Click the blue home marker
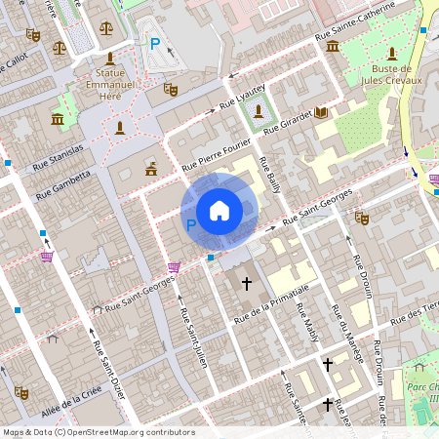[219, 210]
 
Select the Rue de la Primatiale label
[271, 304]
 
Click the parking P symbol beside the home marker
[191, 225]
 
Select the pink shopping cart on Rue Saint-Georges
[174, 267]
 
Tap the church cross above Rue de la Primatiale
[247, 284]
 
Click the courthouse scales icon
[60, 46]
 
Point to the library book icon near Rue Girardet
[321, 113]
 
